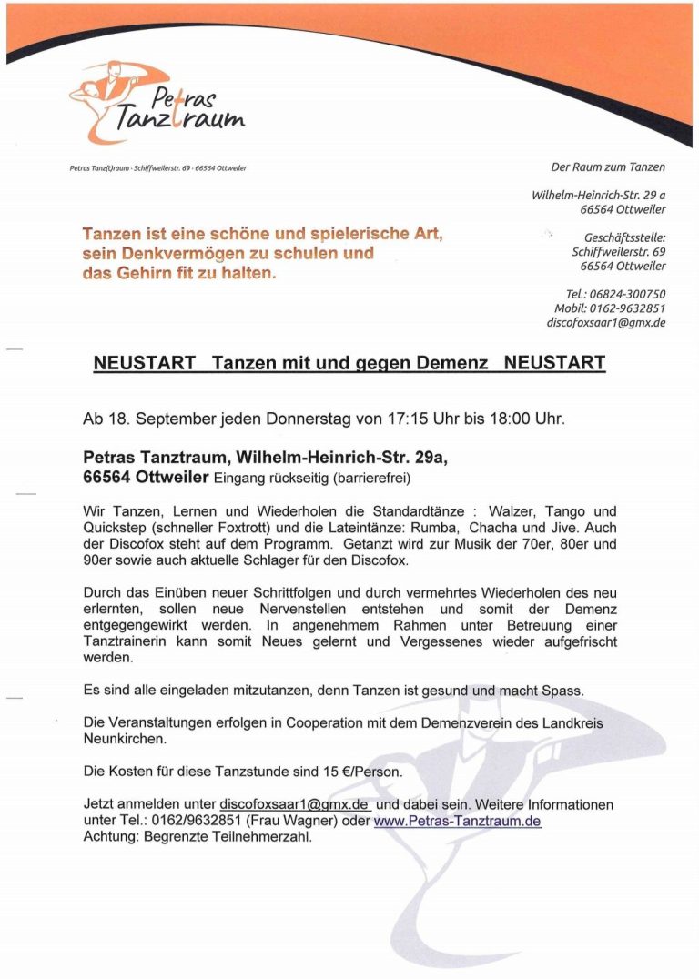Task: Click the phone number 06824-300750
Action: pos(630,294)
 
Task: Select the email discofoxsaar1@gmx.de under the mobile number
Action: pos(605,322)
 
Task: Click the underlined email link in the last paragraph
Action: pos(294,804)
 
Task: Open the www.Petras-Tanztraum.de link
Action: pos(457,821)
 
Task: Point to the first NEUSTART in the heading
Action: pos(144,363)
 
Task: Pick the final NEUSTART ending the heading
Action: pos(554,363)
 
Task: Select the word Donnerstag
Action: pos(309,419)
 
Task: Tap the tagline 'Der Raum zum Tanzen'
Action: pos(608,167)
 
